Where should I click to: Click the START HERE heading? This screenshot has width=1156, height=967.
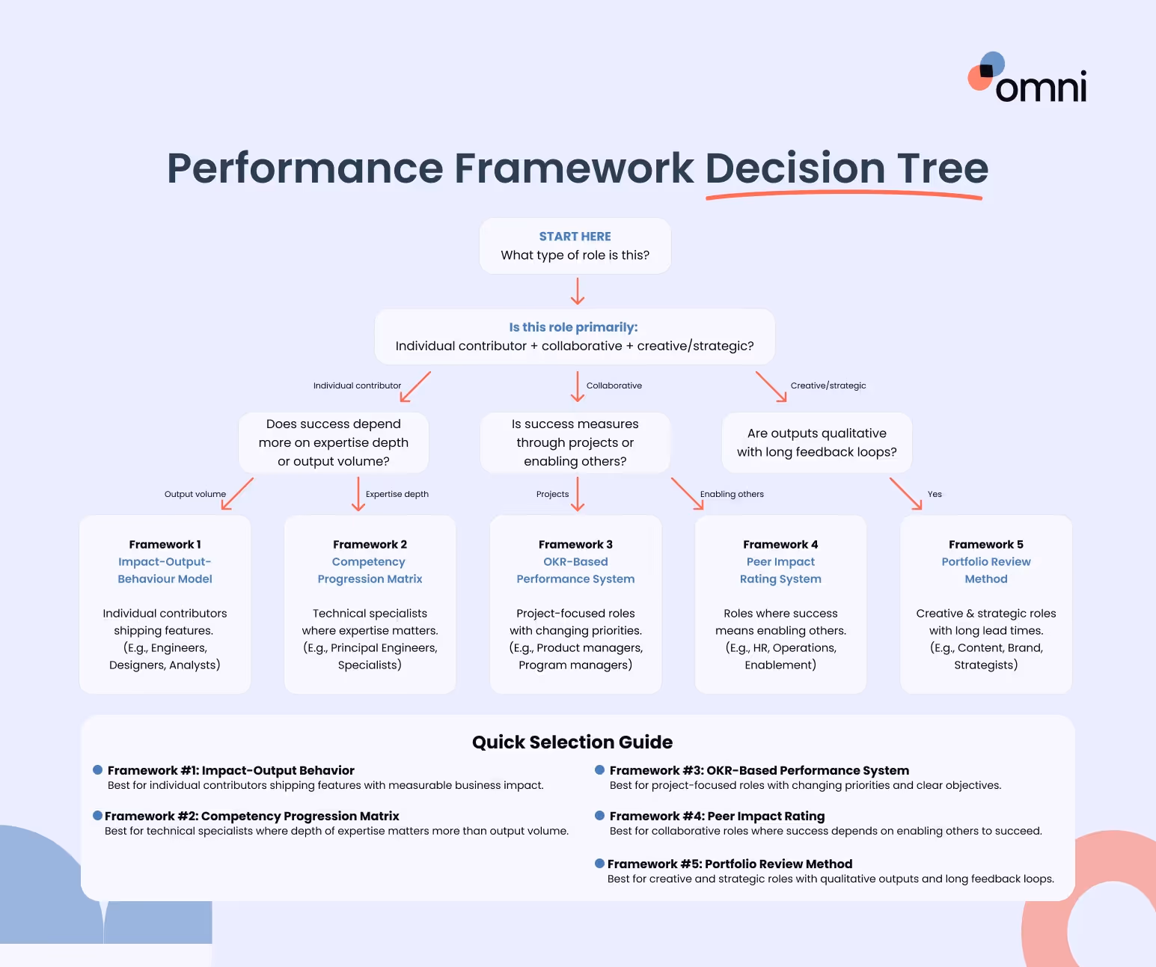pos(575,237)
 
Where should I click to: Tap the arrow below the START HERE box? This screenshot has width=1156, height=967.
pos(577,291)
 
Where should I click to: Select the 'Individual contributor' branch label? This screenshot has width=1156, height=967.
pos(357,385)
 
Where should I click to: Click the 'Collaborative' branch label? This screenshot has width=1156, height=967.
pos(614,385)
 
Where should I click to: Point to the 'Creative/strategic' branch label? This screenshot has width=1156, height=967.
pos(828,385)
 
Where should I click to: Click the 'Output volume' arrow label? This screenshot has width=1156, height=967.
pos(195,494)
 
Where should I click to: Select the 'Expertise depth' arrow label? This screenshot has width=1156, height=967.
pos(397,494)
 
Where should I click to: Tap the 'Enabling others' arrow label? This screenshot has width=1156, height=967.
pos(731,494)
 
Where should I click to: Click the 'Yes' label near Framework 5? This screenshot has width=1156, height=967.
pos(935,494)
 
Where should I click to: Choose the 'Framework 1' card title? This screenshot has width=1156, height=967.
pos(165,544)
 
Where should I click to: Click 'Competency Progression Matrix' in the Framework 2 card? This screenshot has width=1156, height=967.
pos(370,570)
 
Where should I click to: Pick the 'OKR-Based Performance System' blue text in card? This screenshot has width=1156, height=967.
pos(575,570)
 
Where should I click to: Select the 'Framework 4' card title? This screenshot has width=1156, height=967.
pos(780,544)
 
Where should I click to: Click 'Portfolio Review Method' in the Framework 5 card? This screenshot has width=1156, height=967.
pos(985,570)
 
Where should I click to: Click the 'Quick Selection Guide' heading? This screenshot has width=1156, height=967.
pos(572,742)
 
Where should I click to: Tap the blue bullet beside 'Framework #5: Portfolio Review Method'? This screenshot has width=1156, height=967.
pos(599,864)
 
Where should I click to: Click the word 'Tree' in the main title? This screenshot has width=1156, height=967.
pos(942,168)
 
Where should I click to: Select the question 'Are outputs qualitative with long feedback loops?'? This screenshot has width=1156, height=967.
pos(816,442)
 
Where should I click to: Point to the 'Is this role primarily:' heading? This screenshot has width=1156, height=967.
pos(573,327)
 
